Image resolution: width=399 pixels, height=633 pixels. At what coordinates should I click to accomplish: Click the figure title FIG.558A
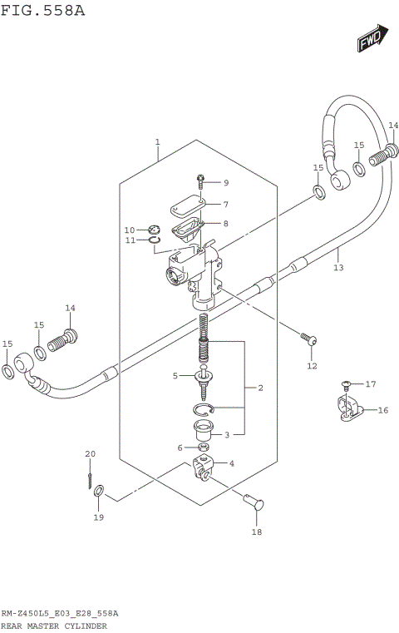coord(42,10)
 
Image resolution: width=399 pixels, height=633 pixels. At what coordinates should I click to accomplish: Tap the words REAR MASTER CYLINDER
coord(53,625)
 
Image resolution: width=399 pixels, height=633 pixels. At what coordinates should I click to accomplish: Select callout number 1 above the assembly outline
coord(157,142)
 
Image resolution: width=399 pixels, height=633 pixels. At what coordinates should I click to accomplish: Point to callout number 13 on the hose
coord(337,267)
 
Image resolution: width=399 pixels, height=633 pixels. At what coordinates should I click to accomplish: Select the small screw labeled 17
coord(345,385)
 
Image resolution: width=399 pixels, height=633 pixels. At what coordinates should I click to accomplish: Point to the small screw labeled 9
coord(202,180)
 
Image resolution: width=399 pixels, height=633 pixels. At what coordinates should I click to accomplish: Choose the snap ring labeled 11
coord(155,242)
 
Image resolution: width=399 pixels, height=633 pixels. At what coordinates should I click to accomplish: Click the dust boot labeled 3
coord(202,432)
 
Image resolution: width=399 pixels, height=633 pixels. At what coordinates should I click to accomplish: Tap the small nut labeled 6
coord(204,448)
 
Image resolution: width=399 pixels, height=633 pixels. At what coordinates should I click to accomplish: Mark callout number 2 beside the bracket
coord(260,388)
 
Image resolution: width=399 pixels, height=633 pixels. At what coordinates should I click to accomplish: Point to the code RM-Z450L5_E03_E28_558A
coord(59,613)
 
